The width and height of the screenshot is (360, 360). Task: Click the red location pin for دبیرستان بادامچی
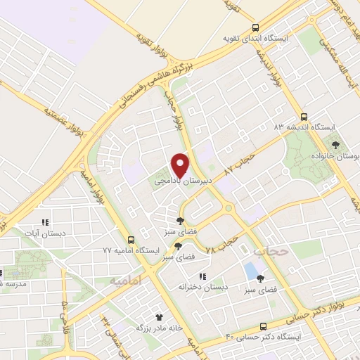click(x=180, y=164)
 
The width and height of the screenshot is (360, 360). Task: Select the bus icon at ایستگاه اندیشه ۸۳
click(x=304, y=117)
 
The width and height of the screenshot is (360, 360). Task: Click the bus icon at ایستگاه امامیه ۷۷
click(x=131, y=239)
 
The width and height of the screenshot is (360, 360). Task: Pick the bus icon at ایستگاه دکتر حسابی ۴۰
click(x=263, y=326)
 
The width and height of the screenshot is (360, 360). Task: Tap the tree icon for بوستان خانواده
click(x=337, y=143)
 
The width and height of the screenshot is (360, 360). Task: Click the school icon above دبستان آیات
click(x=45, y=222)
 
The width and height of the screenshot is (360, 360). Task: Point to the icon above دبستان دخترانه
click(x=202, y=276)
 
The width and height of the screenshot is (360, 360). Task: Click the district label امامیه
click(x=127, y=280)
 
